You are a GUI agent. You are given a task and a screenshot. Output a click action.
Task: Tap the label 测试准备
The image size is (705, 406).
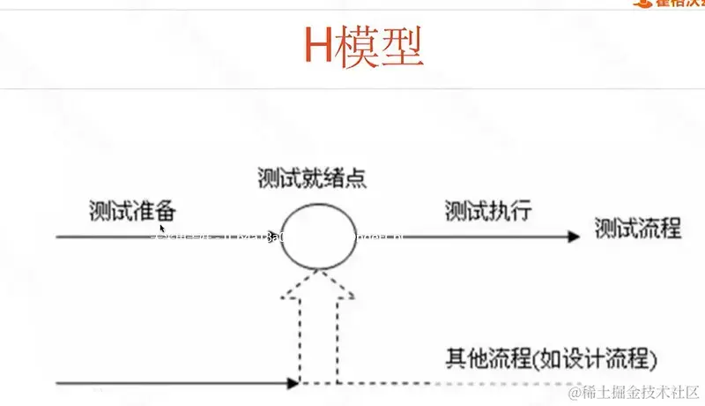coord(132,211)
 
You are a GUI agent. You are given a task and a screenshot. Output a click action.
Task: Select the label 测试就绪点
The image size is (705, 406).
coord(312,177)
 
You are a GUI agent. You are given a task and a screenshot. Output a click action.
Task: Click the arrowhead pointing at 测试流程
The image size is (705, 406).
coord(573,237)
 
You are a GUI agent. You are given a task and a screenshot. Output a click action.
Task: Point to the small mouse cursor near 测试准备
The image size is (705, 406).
coord(162,229)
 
